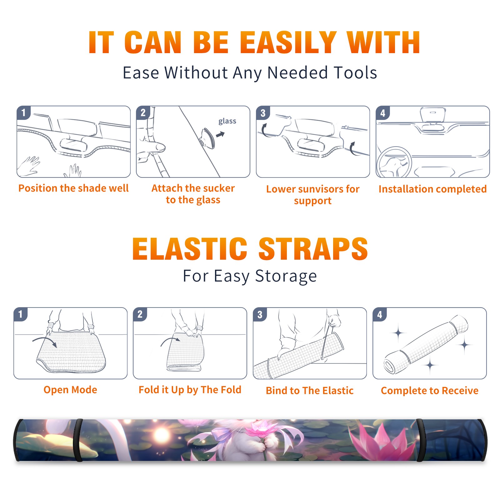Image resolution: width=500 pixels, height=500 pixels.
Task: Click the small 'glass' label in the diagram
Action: tap(227, 121)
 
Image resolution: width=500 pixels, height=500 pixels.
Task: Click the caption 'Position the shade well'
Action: tap(73, 188)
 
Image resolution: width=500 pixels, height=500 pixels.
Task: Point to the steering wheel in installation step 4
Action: tap(394, 162)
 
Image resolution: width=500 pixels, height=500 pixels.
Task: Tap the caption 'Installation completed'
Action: tap(432, 189)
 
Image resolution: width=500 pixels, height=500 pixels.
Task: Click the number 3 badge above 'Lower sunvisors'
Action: tap(263, 113)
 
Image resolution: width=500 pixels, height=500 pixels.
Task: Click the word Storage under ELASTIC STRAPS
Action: tap(286, 276)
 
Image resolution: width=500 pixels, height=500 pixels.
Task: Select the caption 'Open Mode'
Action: tap(70, 390)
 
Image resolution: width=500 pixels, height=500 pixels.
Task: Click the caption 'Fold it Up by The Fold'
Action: tap(190, 390)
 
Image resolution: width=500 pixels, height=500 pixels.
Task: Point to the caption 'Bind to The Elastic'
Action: tap(310, 391)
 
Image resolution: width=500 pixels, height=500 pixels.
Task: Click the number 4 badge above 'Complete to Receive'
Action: tap(380, 314)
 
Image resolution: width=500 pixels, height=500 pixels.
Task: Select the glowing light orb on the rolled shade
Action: tap(162, 434)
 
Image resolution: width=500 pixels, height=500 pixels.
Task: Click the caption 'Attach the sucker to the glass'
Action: tap(193, 194)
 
